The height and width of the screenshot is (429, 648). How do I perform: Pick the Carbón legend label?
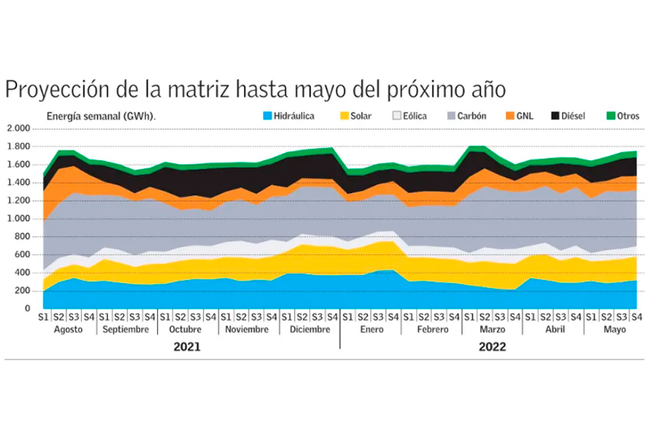tap(471, 116)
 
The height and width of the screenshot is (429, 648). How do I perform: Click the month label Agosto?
tap(68, 330)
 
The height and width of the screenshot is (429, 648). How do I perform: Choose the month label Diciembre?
tap(309, 330)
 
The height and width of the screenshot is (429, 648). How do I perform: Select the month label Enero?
tap(370, 330)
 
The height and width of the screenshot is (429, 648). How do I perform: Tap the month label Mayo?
tap(614, 330)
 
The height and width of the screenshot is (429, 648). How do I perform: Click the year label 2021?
tap(188, 346)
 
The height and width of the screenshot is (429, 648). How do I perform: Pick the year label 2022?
tap(492, 346)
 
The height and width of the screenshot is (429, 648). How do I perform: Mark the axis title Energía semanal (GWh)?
tap(100, 116)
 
